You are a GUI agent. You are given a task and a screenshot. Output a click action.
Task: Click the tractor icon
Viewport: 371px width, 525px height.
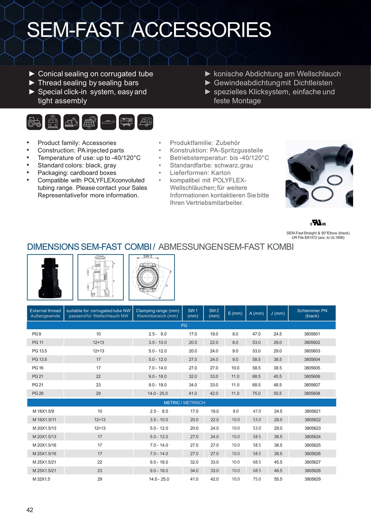pyautogui.click(x=34, y=122)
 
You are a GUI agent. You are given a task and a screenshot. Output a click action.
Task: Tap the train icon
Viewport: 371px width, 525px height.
pyautogui.click(x=53, y=122)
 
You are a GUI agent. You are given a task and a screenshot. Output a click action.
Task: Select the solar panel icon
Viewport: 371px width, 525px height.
pyautogui.click(x=90, y=122)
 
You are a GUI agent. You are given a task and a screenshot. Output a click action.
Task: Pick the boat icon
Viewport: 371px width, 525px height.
pyautogui.click(x=108, y=122)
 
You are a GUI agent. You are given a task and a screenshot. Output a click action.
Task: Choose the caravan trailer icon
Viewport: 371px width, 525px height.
pyautogui.click(x=145, y=122)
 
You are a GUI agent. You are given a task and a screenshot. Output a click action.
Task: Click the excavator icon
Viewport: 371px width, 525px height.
pyautogui.click(x=71, y=122)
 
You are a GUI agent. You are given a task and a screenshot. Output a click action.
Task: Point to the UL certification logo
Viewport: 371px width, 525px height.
pyautogui.click(x=318, y=223)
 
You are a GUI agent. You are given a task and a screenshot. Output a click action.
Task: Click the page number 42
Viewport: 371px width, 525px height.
pyautogui.click(x=30, y=510)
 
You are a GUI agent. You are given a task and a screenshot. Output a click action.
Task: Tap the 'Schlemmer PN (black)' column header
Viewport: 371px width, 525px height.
pyautogui.click(x=312, y=313)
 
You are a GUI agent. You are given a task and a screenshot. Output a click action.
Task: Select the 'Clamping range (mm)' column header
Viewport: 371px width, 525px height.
pyautogui.click(x=157, y=313)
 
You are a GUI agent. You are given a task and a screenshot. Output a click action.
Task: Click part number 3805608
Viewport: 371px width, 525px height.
pyautogui.click(x=312, y=394)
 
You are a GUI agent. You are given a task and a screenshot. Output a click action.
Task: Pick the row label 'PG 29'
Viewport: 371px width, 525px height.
pyautogui.click(x=38, y=394)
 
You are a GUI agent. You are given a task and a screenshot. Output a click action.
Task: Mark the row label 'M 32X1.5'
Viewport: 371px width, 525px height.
pyautogui.click(x=41, y=479)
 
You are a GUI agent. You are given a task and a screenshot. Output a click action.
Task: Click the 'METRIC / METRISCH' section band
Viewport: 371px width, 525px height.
pyautogui.click(x=184, y=403)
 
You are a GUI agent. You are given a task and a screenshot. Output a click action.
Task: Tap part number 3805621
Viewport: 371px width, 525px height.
pyautogui.click(x=312, y=411)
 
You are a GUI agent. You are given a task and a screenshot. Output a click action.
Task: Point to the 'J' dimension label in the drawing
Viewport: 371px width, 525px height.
pyautogui.click(x=167, y=285)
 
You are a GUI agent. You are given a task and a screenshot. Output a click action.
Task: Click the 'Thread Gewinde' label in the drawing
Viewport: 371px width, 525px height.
pyautogui.click(x=100, y=257)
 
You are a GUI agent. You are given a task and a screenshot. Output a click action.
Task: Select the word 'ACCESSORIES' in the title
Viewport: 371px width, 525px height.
pyautogui.click(x=201, y=30)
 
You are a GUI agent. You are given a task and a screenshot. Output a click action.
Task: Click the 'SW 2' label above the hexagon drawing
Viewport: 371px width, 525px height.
pyautogui.click(x=148, y=256)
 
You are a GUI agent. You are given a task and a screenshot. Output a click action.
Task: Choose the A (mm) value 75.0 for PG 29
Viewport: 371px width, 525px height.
pyautogui.click(x=256, y=394)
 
